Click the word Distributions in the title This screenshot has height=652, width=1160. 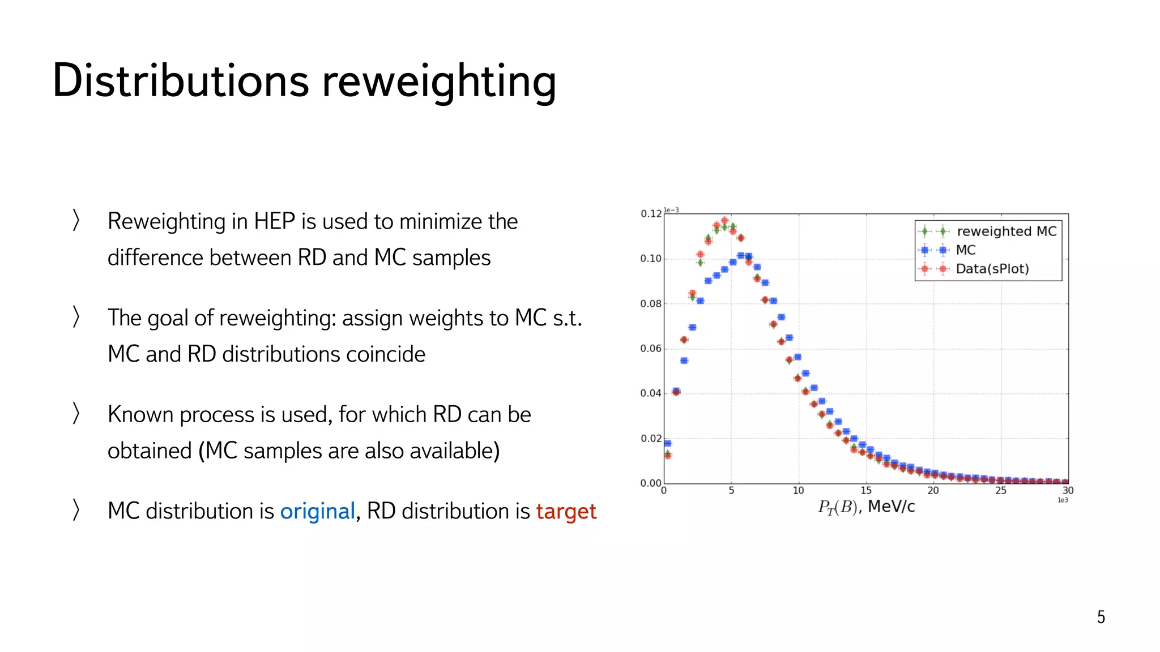pos(180,80)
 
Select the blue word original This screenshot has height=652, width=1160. pos(317,511)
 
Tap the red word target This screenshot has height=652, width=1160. pos(566,512)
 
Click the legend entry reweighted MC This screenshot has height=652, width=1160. pos(1006,231)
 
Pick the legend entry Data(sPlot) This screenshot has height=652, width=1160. pos(992,269)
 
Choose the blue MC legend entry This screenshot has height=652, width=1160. pos(965,250)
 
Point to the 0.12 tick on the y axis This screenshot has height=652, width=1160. pos(651,214)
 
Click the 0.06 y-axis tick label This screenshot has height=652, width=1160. pos(651,349)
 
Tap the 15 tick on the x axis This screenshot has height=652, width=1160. pos(865,491)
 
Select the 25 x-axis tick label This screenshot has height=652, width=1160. pos(1001,491)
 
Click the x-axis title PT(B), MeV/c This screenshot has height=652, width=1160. pos(866,507)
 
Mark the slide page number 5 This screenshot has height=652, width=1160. pos(1101,617)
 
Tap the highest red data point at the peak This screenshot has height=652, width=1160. pos(724,221)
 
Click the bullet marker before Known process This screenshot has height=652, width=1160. pos(76,413)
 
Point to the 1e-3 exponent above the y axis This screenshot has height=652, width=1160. pos(671,210)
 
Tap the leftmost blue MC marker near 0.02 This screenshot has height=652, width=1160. pos(667,443)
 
